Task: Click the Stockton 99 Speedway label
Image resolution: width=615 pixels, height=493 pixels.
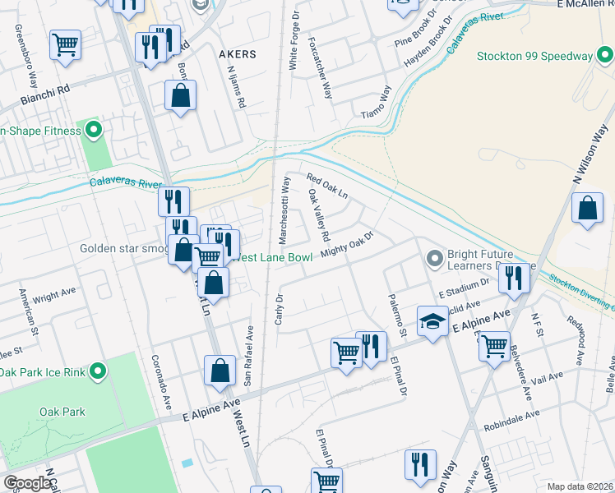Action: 534,56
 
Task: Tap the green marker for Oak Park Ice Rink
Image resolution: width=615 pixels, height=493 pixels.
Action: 97,371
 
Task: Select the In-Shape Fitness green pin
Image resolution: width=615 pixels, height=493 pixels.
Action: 94,130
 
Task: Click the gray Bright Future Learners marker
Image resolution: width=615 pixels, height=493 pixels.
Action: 435,259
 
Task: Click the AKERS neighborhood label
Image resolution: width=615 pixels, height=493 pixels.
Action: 238,53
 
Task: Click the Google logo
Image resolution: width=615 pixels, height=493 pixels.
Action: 27,483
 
